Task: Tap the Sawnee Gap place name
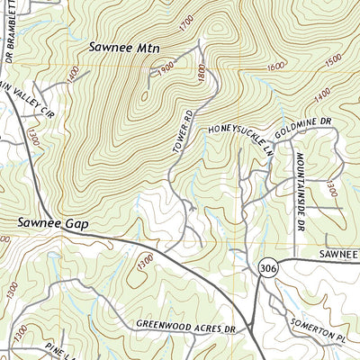click(56, 222)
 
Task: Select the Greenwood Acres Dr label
click(190, 325)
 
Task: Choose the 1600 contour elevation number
click(275, 67)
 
